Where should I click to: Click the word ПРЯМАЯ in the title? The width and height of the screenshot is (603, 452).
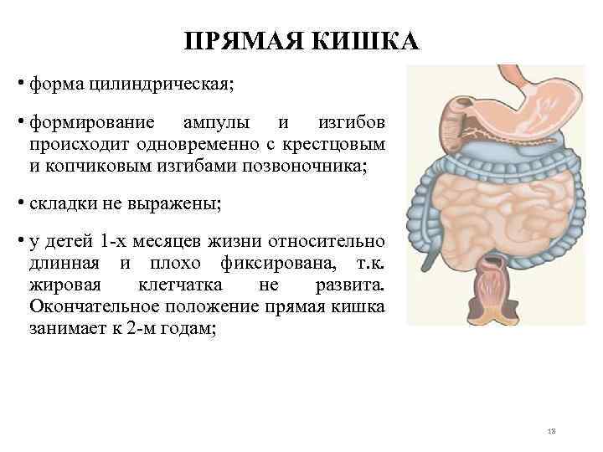coord(238,43)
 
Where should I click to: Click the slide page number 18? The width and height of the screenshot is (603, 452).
coord(551,430)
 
